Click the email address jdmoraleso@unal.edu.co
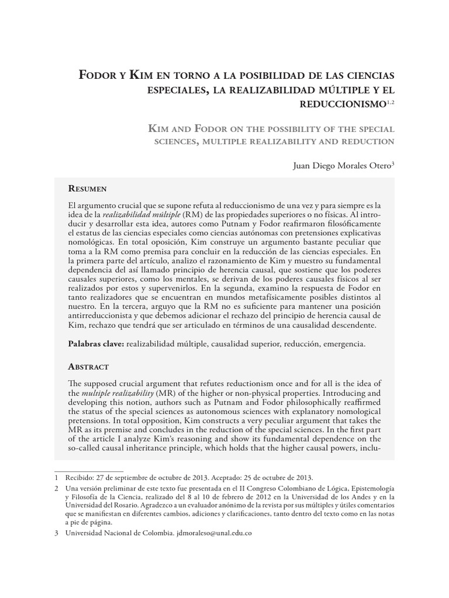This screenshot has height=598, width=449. (x=213, y=534)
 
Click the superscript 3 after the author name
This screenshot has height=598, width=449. (x=393, y=163)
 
